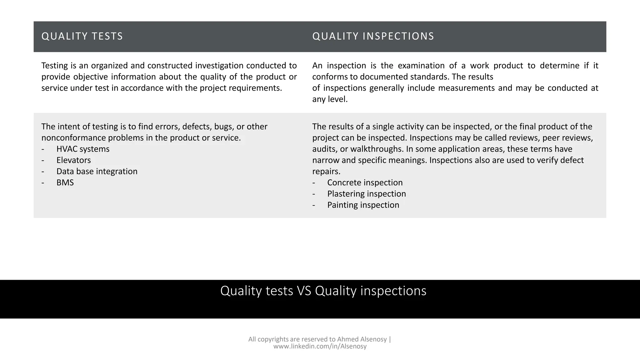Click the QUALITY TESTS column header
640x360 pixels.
(82, 36)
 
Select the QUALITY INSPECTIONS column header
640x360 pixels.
(373, 36)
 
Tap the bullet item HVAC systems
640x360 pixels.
(83, 149)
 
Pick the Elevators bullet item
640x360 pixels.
(73, 160)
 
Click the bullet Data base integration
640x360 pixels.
(97, 172)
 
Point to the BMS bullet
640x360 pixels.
(65, 182)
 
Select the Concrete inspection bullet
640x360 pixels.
(365, 182)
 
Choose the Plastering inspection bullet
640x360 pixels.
(367, 194)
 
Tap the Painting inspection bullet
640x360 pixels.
(363, 205)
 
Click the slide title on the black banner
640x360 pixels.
(323, 291)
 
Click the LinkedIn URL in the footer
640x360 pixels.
(320, 347)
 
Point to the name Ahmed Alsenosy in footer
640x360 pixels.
(362, 339)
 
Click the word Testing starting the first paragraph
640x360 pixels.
(55, 66)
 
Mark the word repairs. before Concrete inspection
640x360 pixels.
(326, 172)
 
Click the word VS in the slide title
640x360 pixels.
(304, 291)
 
